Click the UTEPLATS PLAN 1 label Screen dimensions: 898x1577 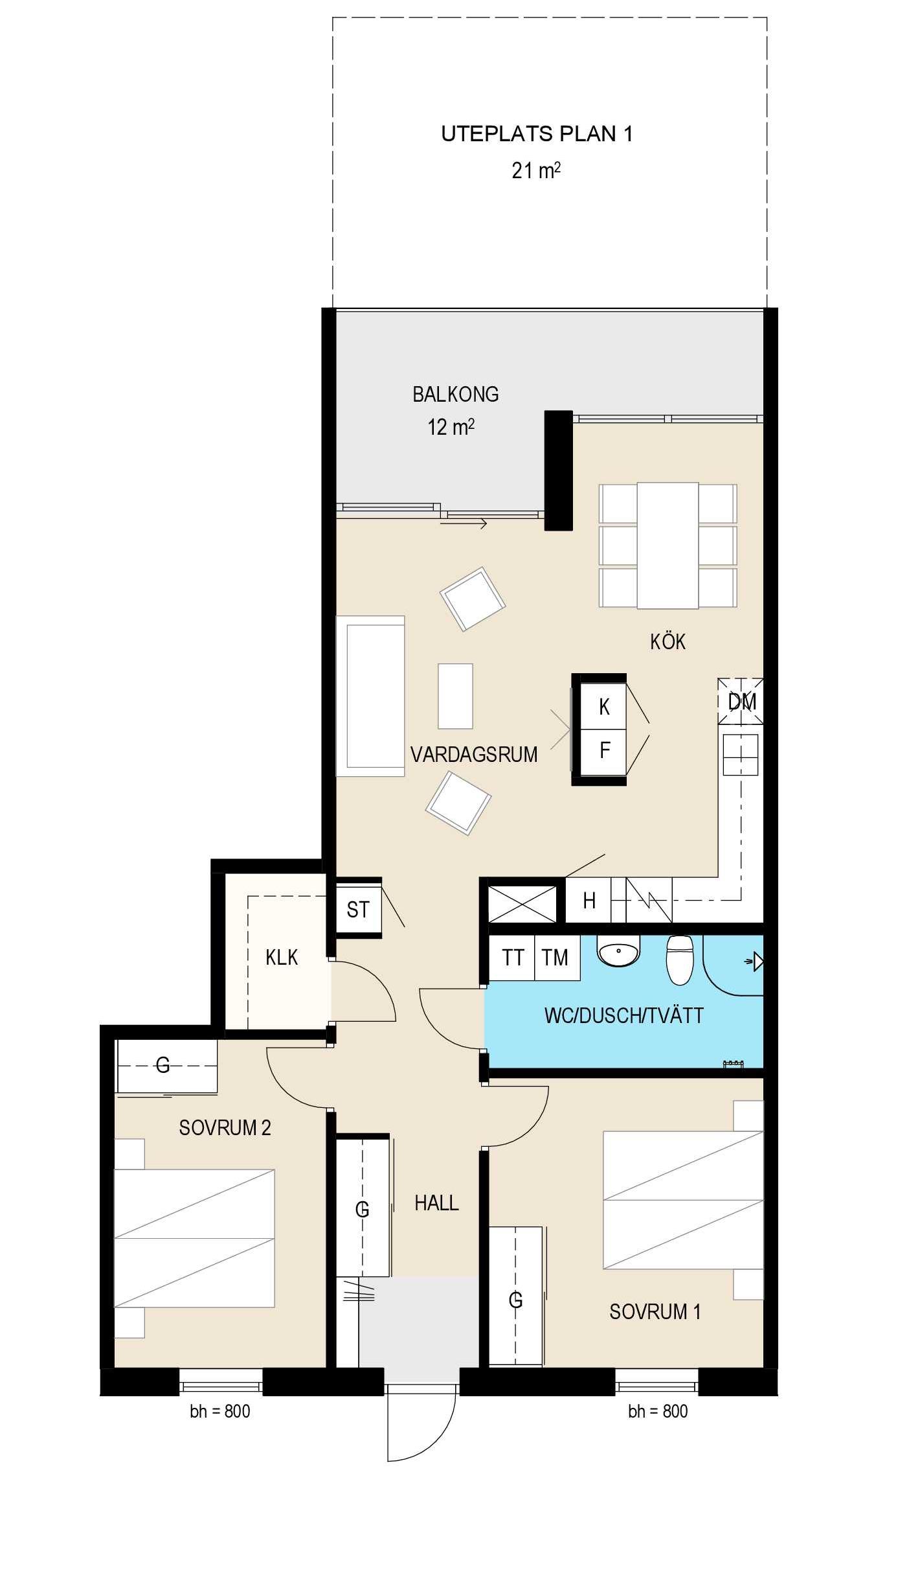click(x=537, y=134)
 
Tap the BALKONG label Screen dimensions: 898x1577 click(x=456, y=394)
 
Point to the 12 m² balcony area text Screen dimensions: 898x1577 click(x=451, y=427)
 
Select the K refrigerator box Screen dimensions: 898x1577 click(x=603, y=706)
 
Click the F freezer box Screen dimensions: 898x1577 click(x=603, y=751)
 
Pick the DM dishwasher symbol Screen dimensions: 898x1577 click(x=741, y=701)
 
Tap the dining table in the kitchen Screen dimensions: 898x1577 click(x=668, y=546)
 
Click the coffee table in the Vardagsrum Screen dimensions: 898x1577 click(x=455, y=696)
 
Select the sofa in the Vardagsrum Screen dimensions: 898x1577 click(x=370, y=696)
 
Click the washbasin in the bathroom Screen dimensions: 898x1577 click(x=618, y=951)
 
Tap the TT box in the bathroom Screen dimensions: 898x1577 click(x=512, y=958)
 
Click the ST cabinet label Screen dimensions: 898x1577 click(x=358, y=910)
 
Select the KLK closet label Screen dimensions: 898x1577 click(x=282, y=957)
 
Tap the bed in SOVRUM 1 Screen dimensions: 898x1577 click(x=684, y=1200)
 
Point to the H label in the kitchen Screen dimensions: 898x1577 click(x=589, y=900)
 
